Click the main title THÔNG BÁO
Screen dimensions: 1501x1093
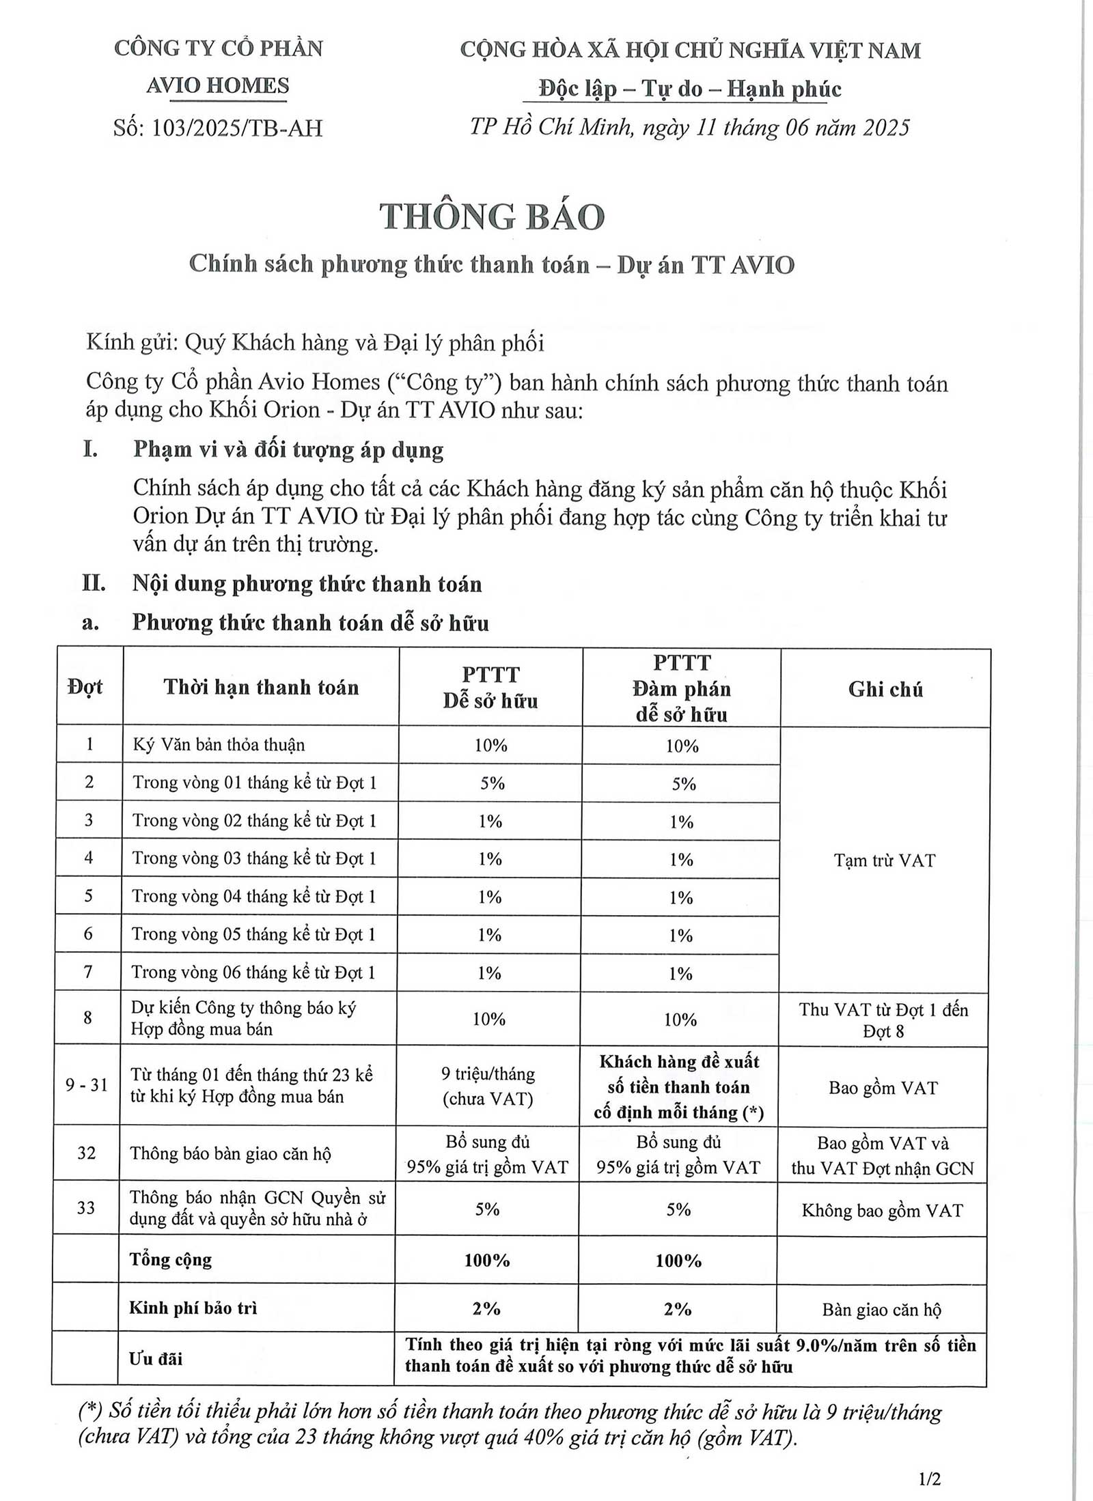[492, 217]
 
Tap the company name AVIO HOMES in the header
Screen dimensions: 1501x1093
[218, 86]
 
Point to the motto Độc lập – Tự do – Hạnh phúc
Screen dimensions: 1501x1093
[689, 89]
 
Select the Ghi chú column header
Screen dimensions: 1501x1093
[885, 689]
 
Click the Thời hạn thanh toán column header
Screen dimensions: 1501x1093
[261, 687]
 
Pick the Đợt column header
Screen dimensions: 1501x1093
[86, 687]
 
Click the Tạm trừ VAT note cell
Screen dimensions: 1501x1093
[884, 860]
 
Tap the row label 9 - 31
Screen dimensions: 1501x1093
[87, 1084]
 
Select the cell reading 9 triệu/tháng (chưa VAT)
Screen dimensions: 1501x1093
[488, 1085]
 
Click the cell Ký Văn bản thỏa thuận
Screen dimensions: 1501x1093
[219, 744]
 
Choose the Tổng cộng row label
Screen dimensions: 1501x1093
[171, 1260]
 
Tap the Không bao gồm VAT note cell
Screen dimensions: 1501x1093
[882, 1211]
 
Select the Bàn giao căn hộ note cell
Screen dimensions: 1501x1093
[881, 1310]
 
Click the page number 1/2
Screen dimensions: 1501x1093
[930, 1478]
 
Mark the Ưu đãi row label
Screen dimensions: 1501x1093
[156, 1358]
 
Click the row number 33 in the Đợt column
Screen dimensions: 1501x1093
[86, 1208]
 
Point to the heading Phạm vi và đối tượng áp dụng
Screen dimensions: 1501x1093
[288, 450]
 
